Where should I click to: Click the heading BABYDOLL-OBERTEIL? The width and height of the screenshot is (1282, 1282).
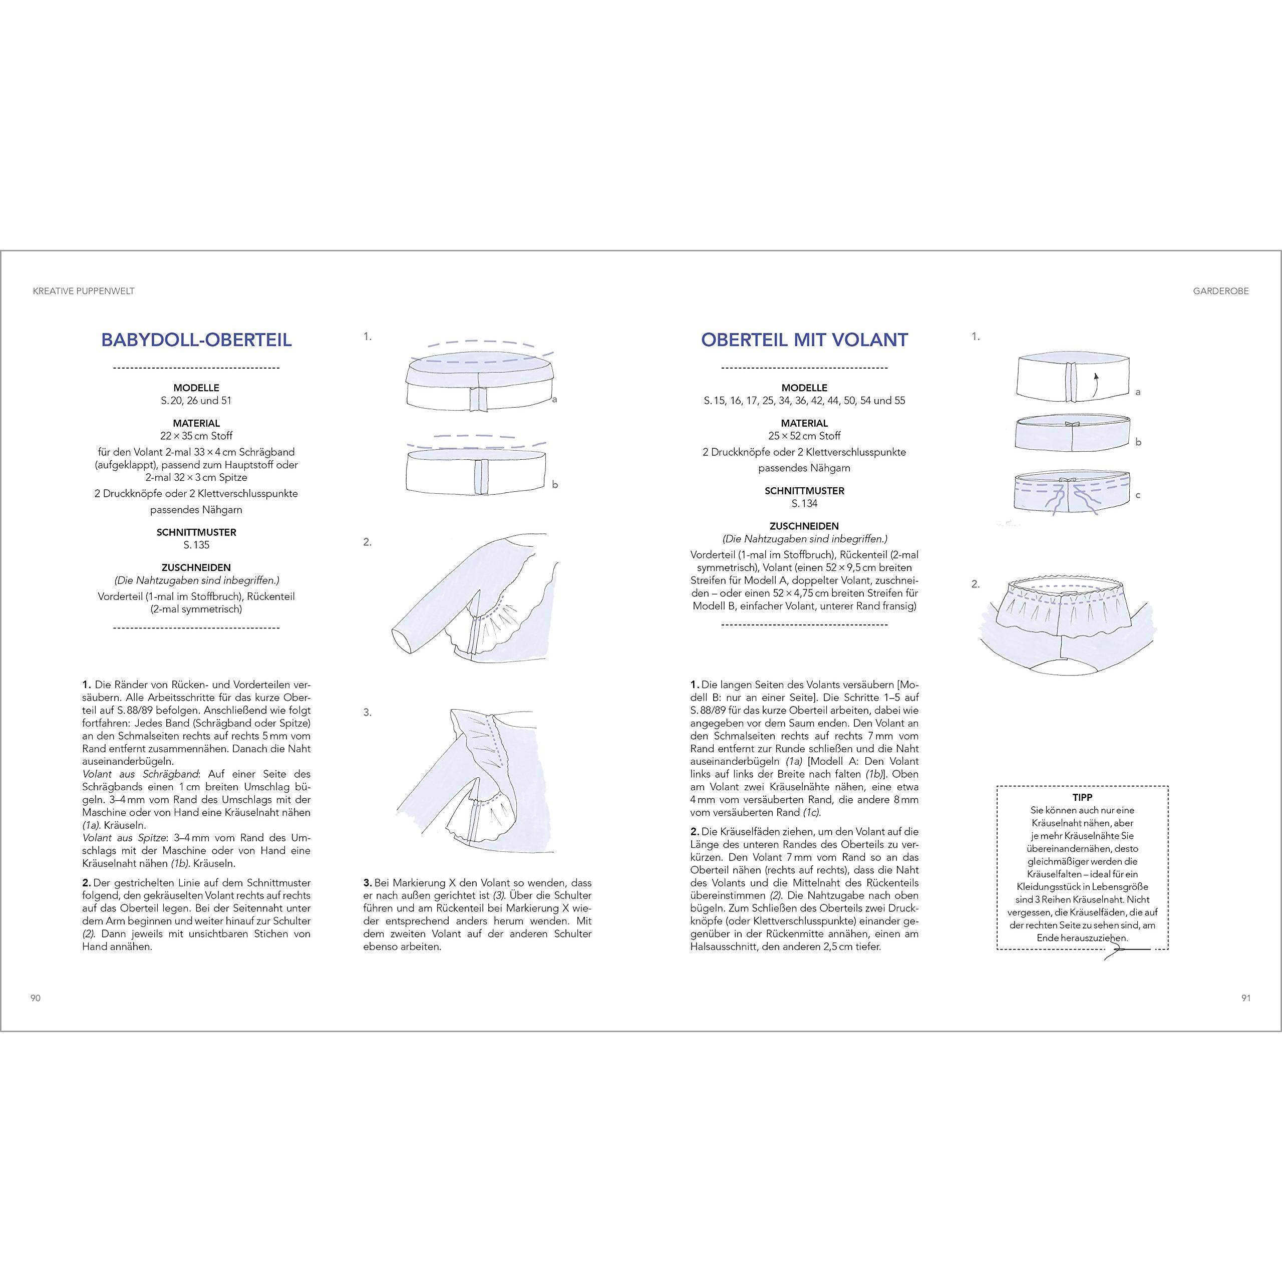click(196, 340)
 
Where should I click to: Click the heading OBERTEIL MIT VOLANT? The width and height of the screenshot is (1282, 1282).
click(804, 340)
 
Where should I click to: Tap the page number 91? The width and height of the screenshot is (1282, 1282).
click(1245, 998)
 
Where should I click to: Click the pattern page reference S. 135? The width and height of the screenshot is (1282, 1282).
click(196, 545)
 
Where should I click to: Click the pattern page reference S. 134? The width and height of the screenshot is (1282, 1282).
click(804, 504)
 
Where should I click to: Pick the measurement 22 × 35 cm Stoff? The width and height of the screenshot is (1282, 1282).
click(196, 436)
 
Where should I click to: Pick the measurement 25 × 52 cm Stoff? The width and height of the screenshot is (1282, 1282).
click(804, 436)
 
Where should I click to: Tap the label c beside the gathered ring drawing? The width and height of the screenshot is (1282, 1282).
click(1138, 495)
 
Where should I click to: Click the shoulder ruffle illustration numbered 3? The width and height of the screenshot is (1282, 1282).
click(474, 783)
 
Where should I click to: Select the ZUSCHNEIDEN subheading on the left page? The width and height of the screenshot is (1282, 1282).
click(196, 567)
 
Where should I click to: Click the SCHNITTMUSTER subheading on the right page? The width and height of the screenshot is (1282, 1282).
click(804, 491)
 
